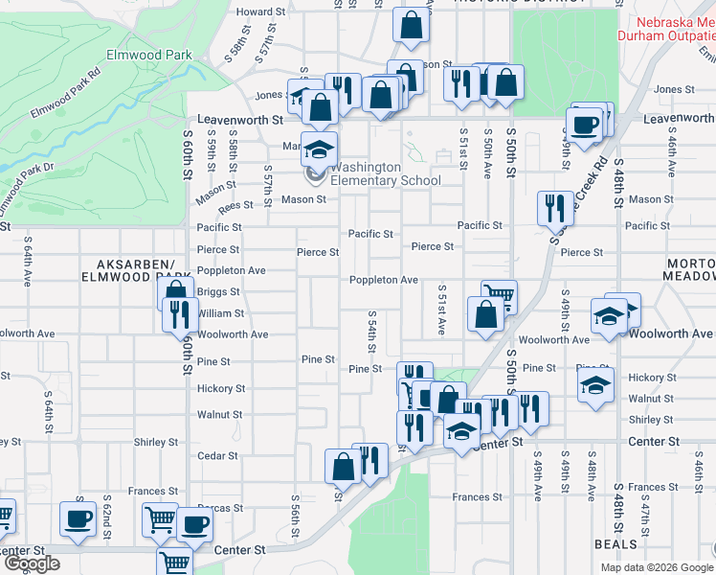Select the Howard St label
260,12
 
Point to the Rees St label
235,204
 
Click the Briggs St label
218,292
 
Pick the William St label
220,313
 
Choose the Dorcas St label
220,508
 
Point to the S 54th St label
371,330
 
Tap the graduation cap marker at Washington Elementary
320,151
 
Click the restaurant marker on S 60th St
180,313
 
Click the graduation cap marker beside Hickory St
594,386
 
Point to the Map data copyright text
656,567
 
